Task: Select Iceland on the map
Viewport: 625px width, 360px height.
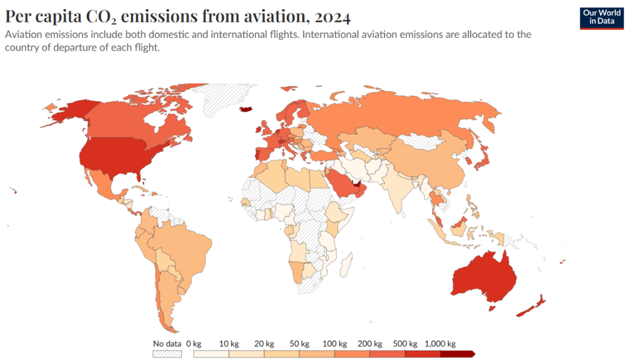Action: [x=247, y=110]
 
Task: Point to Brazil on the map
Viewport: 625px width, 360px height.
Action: [x=189, y=244]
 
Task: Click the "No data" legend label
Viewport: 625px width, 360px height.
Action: [x=167, y=344]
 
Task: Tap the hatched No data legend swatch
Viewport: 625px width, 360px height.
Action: [x=167, y=353]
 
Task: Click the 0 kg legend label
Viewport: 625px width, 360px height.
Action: [x=193, y=344]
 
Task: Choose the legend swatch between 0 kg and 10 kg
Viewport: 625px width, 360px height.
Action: [x=211, y=353]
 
